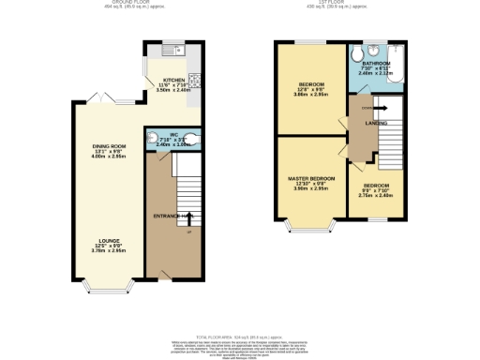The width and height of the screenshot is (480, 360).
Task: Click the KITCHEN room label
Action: (173, 80)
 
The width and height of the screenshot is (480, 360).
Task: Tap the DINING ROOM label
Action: (111, 147)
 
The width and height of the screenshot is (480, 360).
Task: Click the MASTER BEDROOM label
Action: (310, 178)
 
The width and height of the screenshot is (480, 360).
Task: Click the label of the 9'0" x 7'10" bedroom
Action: (375, 186)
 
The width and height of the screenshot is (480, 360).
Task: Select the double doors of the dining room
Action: (105, 98)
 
